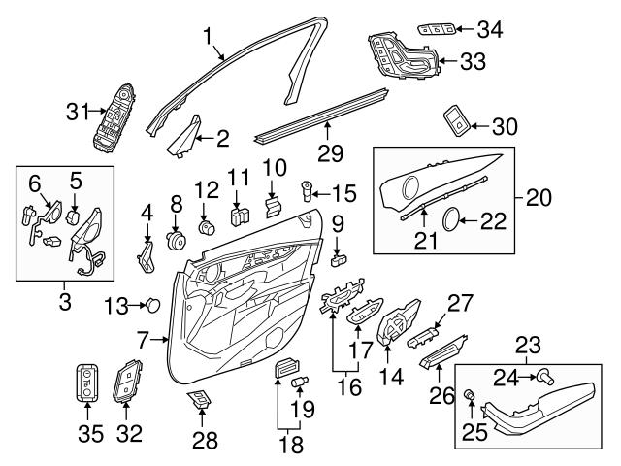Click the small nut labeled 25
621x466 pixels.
click(x=469, y=394)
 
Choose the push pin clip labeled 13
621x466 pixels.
click(x=152, y=306)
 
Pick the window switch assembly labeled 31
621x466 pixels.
click(x=116, y=121)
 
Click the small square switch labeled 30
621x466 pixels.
click(x=453, y=120)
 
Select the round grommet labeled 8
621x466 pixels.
click(x=177, y=238)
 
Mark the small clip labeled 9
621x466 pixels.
click(x=339, y=258)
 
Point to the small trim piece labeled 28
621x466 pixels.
click(x=201, y=400)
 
